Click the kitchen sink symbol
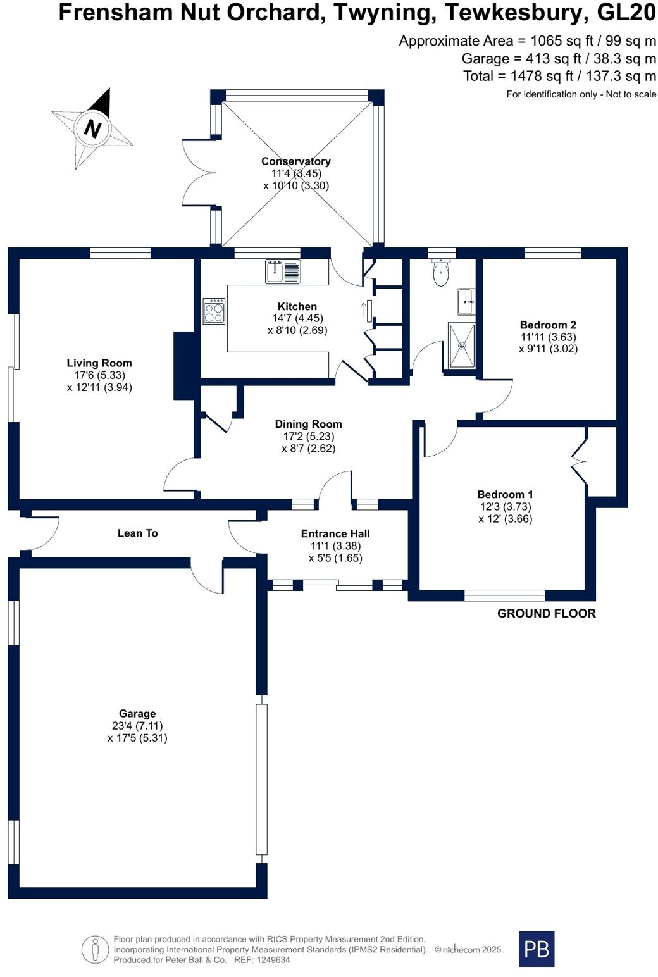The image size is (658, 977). (x=283, y=271)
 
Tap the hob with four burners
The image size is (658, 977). (x=214, y=311)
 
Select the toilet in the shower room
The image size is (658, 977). (x=440, y=272)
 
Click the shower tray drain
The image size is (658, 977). (x=461, y=345)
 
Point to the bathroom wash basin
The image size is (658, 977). (x=466, y=301)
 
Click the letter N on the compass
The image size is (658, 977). (x=92, y=128)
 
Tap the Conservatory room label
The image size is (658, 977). (x=296, y=161)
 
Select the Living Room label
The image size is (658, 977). (x=99, y=363)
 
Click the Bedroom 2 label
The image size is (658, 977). (x=548, y=325)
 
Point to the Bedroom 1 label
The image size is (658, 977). (x=505, y=494)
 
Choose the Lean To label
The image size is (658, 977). (x=138, y=533)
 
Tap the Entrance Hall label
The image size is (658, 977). (x=335, y=533)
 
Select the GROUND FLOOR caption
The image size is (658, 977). (x=547, y=613)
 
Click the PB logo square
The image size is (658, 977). (x=537, y=949)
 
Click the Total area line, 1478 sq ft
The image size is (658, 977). (x=559, y=76)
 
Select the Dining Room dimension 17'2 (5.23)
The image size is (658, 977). (x=309, y=436)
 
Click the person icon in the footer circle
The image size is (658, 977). (x=95, y=949)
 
